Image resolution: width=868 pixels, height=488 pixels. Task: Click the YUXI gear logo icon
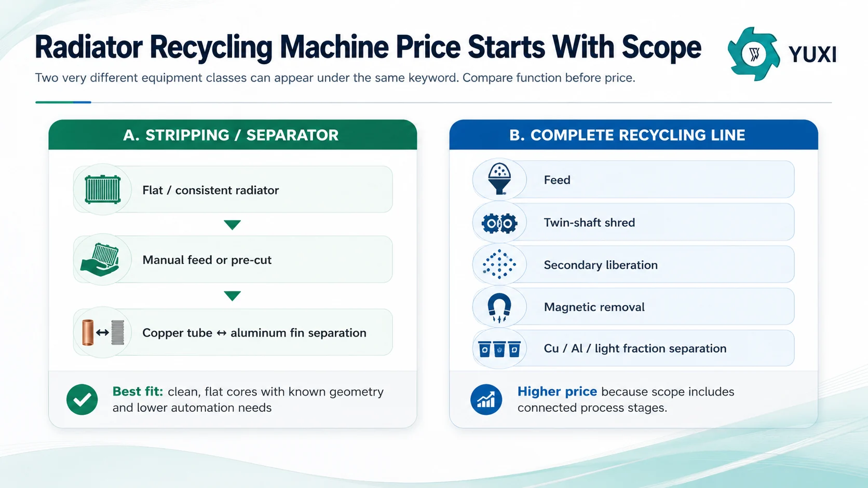pos(754,54)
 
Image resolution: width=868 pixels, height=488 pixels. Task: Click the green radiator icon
pos(103,189)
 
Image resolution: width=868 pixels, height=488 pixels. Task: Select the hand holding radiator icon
pos(100,259)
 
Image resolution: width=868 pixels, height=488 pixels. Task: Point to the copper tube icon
pos(88,332)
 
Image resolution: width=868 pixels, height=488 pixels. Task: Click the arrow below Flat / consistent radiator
pos(232,225)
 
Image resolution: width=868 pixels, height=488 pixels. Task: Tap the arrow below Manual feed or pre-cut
pos(232,296)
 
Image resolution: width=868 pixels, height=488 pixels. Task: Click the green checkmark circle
pos(82,399)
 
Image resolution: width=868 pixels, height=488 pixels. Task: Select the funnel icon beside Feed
pos(499,178)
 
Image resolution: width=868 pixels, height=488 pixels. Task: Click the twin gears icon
pos(499,224)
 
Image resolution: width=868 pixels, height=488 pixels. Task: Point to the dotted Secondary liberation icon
pos(499,264)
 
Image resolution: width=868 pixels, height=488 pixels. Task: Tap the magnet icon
pos(499,308)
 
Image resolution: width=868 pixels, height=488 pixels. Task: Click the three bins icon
pos(499,349)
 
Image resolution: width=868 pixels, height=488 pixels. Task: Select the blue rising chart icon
pos(486,399)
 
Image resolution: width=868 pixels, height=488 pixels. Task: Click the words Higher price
pos(557,392)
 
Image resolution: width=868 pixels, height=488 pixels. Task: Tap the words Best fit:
pos(138,392)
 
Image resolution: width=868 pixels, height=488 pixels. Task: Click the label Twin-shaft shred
pos(589,222)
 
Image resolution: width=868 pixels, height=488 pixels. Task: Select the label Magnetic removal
pos(594,307)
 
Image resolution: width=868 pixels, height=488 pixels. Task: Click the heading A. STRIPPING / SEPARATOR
pos(231,135)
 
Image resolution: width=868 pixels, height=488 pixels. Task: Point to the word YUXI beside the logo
pos(812,54)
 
